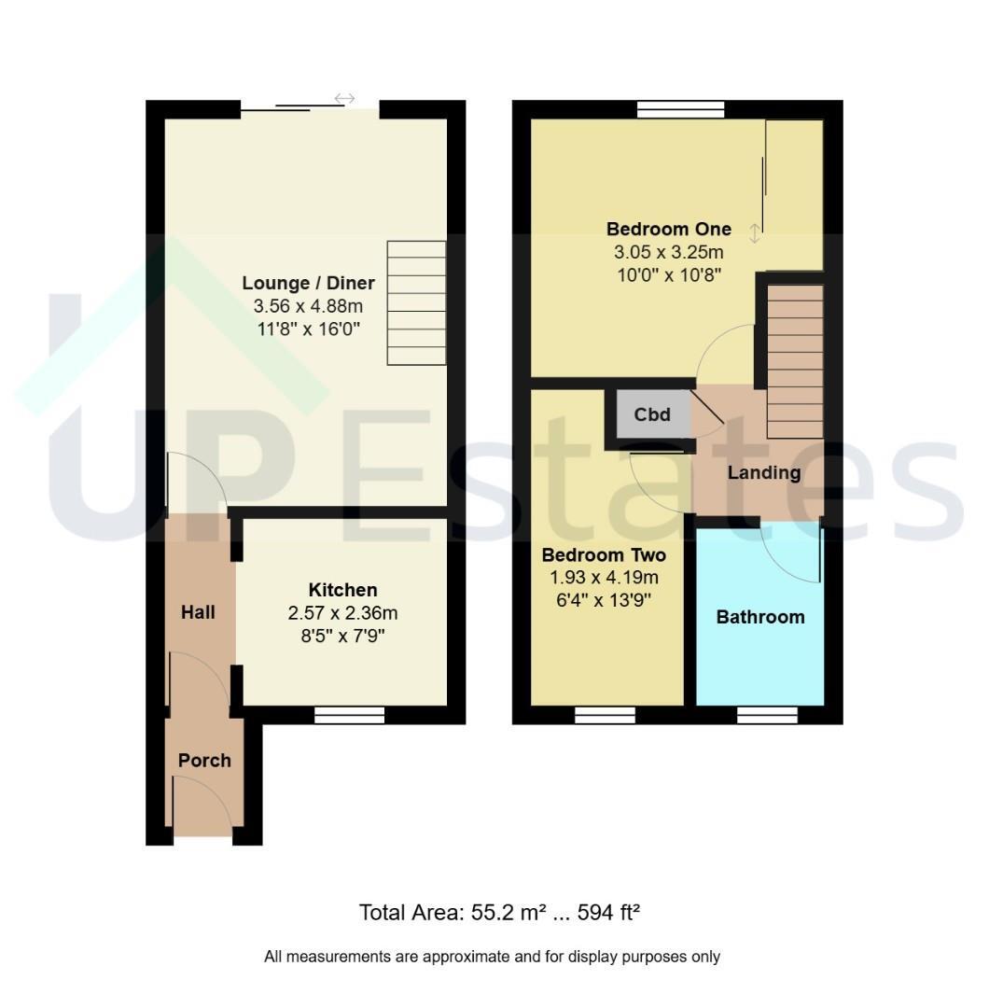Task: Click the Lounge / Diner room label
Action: coord(309,283)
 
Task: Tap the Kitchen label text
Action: coord(342,590)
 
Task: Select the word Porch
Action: coord(204,761)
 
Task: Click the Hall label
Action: coord(198,612)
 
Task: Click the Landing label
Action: coord(763,473)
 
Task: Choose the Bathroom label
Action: coord(760,617)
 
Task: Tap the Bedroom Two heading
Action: coord(604,554)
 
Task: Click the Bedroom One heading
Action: coord(668,229)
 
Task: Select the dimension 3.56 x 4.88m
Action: coord(309,306)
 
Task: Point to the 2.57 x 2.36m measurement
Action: coord(342,613)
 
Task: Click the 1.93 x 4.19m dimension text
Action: coord(604,578)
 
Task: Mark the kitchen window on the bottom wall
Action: coord(349,715)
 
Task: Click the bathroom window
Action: coord(767,715)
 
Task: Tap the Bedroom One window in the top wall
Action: coord(680,109)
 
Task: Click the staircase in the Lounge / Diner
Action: coord(416,302)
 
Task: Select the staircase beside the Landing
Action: coord(795,362)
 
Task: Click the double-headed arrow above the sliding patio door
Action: coord(344,98)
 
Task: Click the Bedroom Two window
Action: coord(605,715)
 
